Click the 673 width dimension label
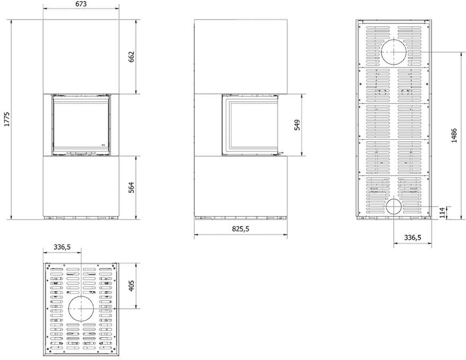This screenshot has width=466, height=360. (x=81, y=4)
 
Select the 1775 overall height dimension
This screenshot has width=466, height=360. (x=7, y=119)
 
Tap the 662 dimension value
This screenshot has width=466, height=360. (x=131, y=57)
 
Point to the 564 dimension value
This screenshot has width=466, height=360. (x=131, y=187)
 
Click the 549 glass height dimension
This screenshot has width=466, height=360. (x=297, y=125)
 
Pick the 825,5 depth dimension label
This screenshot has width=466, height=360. (x=240, y=229)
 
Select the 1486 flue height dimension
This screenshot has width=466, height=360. (x=454, y=136)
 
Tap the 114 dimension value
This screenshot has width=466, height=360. (x=443, y=213)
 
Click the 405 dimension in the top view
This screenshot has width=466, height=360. (x=131, y=285)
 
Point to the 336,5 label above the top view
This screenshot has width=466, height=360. (x=62, y=247)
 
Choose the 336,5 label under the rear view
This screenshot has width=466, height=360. (x=413, y=238)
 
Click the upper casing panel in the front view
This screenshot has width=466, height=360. (x=81, y=57)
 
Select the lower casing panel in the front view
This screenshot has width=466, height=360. (x=81, y=186)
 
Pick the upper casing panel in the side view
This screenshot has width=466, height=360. (x=241, y=57)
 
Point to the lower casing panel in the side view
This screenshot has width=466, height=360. (x=241, y=186)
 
